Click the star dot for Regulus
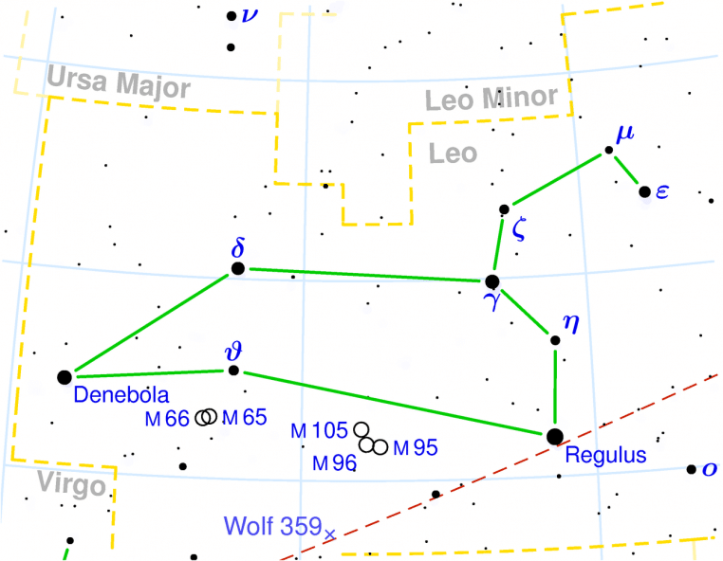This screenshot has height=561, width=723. [x=555, y=436]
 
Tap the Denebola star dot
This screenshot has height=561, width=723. [x=65, y=377]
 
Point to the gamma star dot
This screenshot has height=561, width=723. [x=491, y=281]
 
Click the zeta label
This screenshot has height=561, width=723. [x=517, y=227]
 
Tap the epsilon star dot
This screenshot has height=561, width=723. [x=645, y=192]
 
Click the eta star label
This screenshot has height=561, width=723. [x=568, y=321]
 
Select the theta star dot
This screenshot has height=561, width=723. [x=235, y=371]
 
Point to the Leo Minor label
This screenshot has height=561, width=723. [x=490, y=99]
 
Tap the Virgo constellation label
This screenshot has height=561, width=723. [x=71, y=484]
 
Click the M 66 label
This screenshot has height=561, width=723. [x=168, y=418]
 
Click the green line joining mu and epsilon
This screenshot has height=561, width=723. [x=627, y=172]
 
